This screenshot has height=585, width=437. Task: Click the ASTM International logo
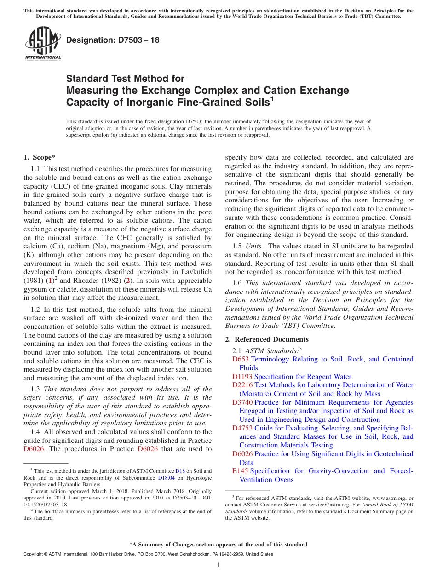(43, 44)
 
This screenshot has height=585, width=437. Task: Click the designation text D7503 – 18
(113, 40)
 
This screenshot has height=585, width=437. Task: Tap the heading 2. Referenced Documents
(267, 339)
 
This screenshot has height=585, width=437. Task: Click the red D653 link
(241, 359)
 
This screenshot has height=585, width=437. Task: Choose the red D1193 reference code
(242, 377)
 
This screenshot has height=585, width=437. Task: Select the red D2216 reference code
(242, 385)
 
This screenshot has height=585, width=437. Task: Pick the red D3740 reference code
(242, 402)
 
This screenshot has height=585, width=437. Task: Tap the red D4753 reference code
(242, 428)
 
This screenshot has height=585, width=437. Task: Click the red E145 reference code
(240, 471)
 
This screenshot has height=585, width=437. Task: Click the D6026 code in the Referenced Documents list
(242, 454)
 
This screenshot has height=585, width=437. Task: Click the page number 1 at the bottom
(218, 565)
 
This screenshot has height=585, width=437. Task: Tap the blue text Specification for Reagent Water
(303, 377)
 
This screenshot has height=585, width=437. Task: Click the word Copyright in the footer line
(34, 554)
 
